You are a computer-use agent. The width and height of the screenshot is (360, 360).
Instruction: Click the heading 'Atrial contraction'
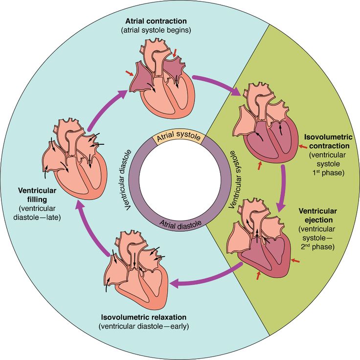coord(156,21)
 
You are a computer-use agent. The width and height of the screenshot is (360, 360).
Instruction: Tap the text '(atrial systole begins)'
coord(156,30)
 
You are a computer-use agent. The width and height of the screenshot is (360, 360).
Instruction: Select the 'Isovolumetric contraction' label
coord(327,141)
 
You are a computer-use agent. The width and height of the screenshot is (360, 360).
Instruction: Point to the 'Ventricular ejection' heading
coord(317,215)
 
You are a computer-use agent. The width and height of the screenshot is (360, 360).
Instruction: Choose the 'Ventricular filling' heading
coord(37,195)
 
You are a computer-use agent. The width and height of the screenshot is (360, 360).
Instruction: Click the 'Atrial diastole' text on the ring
coord(180,224)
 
